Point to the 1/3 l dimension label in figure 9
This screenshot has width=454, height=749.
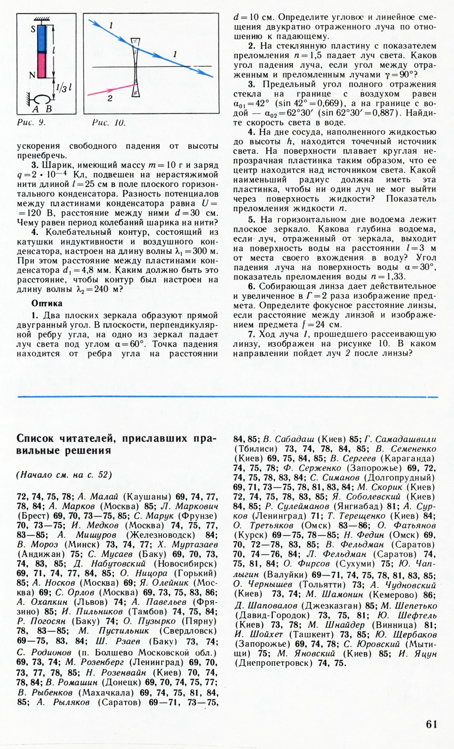64,88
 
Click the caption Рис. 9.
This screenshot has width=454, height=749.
31,123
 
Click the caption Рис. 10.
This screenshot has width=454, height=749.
109,123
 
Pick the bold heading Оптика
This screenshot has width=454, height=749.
47,303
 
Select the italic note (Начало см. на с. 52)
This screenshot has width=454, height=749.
64,475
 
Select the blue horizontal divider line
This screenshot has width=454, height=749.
227,397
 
